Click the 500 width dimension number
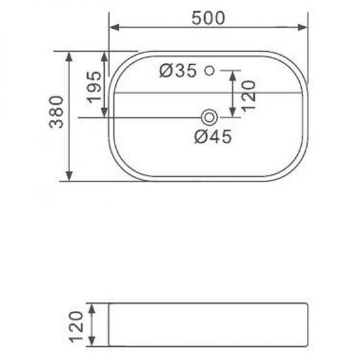(208, 18)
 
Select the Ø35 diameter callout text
(177, 70)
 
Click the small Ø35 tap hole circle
(209, 70)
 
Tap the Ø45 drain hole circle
(209, 117)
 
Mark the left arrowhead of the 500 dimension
(112, 27)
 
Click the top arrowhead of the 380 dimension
(69, 54)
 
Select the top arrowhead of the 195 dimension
(104, 54)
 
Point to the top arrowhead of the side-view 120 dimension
(95, 308)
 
